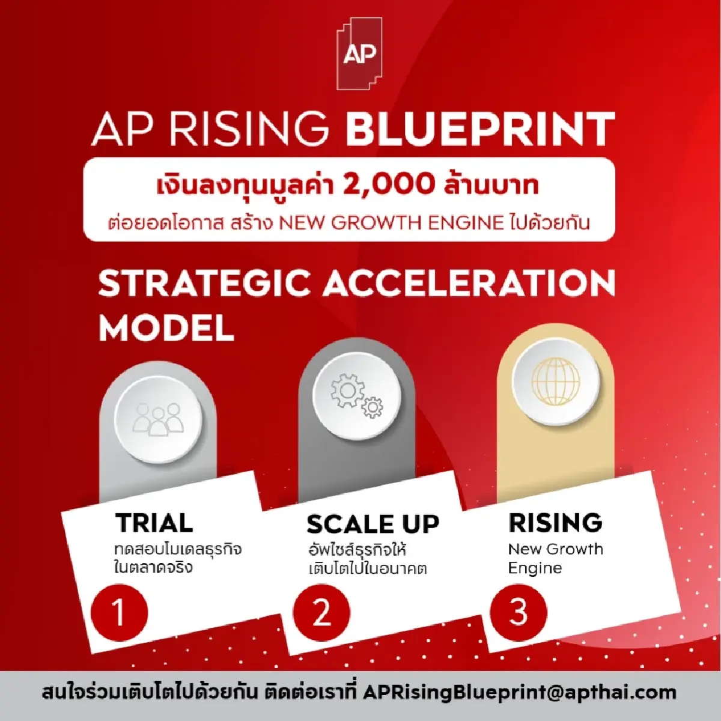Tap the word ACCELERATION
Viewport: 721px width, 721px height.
[x=469, y=283]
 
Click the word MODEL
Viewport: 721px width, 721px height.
[x=166, y=327]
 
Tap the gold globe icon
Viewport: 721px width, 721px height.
[x=555, y=381]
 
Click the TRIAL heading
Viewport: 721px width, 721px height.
[x=154, y=523]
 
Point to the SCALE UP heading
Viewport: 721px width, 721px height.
[x=373, y=525]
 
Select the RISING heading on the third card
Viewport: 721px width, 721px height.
[x=555, y=523]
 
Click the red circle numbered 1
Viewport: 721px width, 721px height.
[x=118, y=613]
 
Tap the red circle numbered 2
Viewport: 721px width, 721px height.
[x=321, y=613]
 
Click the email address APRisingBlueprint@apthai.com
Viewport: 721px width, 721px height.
[x=520, y=692]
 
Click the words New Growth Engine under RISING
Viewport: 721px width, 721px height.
[x=555, y=558]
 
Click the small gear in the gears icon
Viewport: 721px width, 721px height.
[x=373, y=408]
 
